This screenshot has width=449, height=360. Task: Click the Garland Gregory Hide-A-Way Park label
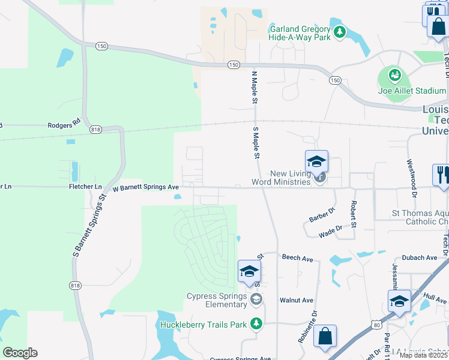click(x=300, y=33)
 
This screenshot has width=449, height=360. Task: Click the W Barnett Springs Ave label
click(x=146, y=187)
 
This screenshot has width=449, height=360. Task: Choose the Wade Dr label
click(x=330, y=229)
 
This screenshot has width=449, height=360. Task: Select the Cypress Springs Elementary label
click(x=217, y=300)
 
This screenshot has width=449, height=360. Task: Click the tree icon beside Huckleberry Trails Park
click(x=256, y=324)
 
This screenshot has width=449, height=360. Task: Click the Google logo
click(x=20, y=353)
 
